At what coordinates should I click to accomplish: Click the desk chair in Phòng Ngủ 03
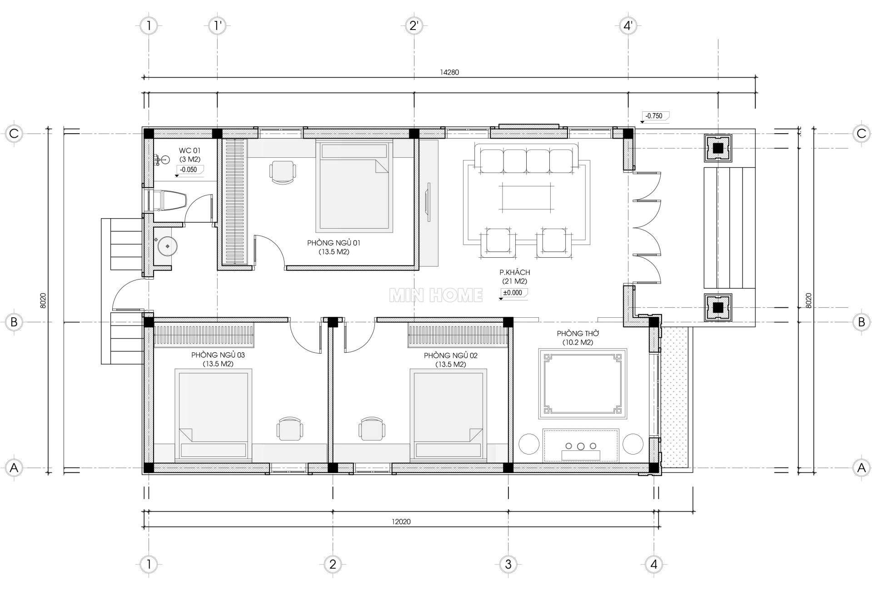pos(289,428)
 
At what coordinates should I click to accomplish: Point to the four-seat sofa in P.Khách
pos(526,158)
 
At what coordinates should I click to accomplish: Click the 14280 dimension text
pos(449,72)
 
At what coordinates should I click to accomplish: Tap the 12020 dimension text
pos(401,521)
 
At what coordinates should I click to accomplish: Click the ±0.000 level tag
pos(513,294)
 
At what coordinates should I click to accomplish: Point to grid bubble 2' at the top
pos(414,26)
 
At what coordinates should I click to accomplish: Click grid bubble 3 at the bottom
pos(508,564)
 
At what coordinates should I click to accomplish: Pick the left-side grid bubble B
pos(14,322)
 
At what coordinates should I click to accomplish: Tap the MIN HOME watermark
pos(436,295)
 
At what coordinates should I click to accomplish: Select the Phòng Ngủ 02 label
pos(450,355)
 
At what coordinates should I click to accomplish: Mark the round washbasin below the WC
pos(168,246)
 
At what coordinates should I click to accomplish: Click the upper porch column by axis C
pos(718,148)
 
